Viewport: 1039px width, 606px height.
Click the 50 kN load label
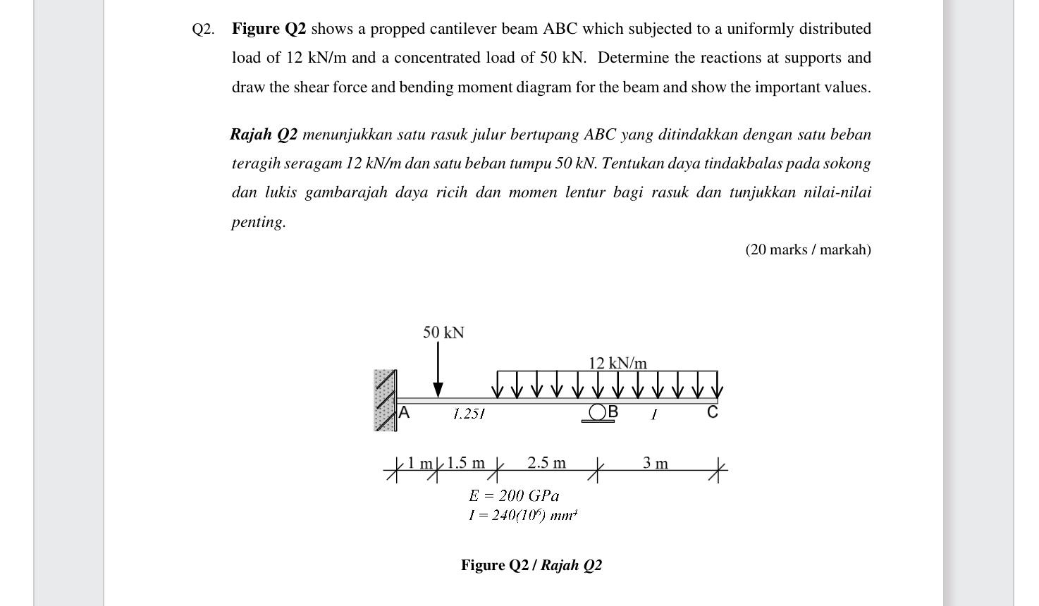[x=443, y=333]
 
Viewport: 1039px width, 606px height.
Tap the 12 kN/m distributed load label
[x=617, y=364]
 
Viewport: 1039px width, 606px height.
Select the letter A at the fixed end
[x=404, y=413]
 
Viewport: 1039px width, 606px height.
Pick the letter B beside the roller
[x=613, y=412]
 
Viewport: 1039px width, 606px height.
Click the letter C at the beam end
[x=713, y=412]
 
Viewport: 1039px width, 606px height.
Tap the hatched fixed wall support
[x=385, y=400]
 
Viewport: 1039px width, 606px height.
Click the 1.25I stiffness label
[x=469, y=414]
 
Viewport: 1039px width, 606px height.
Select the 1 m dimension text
[x=420, y=463]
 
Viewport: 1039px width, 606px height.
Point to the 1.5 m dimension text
[x=466, y=463]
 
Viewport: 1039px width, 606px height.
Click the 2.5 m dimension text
[x=546, y=463]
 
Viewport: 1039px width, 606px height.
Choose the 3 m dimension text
[x=656, y=463]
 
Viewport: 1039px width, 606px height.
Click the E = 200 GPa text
[x=514, y=496]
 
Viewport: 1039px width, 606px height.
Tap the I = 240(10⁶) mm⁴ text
[x=523, y=515]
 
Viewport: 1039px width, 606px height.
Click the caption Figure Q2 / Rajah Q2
[x=531, y=565]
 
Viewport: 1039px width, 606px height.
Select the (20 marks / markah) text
[x=808, y=249]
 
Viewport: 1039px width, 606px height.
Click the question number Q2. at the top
[x=204, y=29]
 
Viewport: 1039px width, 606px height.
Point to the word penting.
[x=259, y=222]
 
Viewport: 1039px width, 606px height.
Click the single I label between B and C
[x=654, y=414]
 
